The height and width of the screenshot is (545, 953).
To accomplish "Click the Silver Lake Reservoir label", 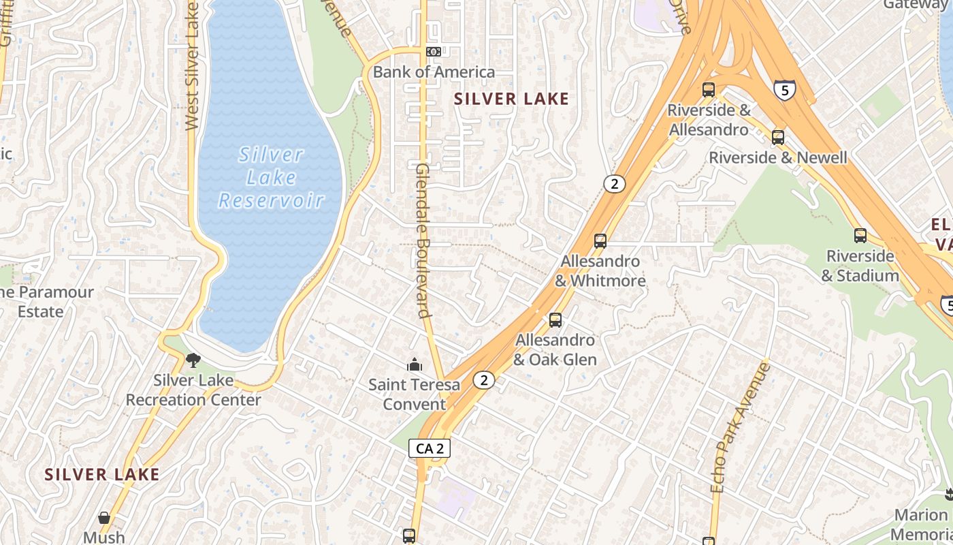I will click(x=271, y=178).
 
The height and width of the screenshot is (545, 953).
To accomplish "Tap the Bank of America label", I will click(x=434, y=72).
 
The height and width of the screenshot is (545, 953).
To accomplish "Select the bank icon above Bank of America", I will click(x=434, y=52).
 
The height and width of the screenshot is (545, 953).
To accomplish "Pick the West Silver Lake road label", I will click(x=192, y=65).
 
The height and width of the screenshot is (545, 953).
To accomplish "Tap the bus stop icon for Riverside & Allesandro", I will click(x=709, y=90).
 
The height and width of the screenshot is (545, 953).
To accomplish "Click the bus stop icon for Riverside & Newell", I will click(x=778, y=138).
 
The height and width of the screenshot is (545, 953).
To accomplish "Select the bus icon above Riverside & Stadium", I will click(x=860, y=236).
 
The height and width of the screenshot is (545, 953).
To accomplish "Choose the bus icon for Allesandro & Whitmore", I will click(x=600, y=241).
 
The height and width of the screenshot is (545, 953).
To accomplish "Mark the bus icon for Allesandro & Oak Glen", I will click(x=555, y=320).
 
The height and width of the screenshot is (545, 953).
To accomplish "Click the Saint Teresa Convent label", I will click(x=414, y=394).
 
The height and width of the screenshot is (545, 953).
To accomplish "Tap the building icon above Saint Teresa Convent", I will click(x=414, y=365).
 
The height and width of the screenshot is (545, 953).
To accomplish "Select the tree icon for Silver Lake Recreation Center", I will click(x=193, y=360).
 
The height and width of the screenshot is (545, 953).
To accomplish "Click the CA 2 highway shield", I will click(x=430, y=448).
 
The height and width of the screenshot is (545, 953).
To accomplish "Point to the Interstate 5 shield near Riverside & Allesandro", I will click(x=784, y=89).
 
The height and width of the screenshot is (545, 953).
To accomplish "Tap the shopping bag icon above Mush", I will click(x=104, y=518).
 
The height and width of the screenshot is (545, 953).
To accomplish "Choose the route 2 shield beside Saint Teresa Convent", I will click(x=483, y=380).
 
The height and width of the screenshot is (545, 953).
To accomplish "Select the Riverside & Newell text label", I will click(x=778, y=158).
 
